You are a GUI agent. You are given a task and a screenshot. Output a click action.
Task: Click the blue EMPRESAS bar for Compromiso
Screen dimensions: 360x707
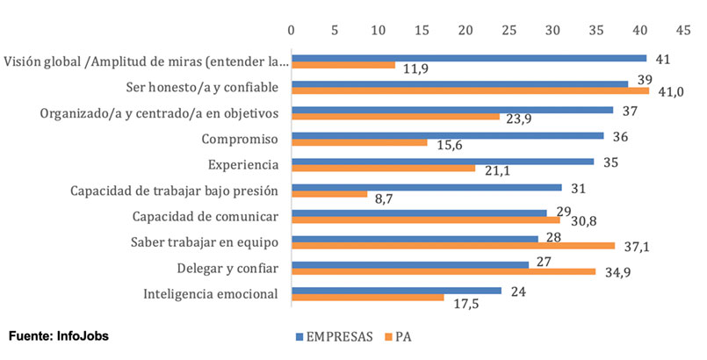pos(448,135)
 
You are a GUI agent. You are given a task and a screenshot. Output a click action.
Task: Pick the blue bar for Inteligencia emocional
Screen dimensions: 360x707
pos(396,289)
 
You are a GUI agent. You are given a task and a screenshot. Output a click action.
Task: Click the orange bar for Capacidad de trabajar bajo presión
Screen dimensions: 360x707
pos(329,194)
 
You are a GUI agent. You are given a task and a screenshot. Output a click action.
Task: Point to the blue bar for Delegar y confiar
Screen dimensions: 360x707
pos(410,263)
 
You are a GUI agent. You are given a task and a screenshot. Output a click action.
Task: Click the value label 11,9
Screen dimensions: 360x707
pos(415,67)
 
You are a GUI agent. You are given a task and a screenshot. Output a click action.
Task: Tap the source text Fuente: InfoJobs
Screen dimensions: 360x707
pos(60,335)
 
